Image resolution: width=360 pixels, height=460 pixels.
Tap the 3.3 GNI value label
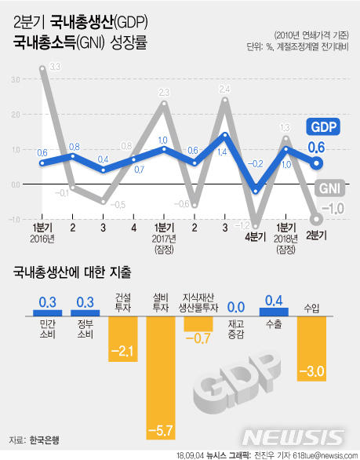pyautogui.click(x=55, y=68)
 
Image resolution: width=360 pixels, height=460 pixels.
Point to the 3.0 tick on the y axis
pyautogui.click(x=16, y=79)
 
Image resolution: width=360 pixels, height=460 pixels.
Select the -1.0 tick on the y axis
pyautogui.click(x=16, y=220)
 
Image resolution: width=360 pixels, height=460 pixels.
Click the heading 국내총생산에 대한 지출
pyautogui.click(x=71, y=273)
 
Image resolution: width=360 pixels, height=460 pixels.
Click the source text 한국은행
pyautogui.click(x=45, y=440)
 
